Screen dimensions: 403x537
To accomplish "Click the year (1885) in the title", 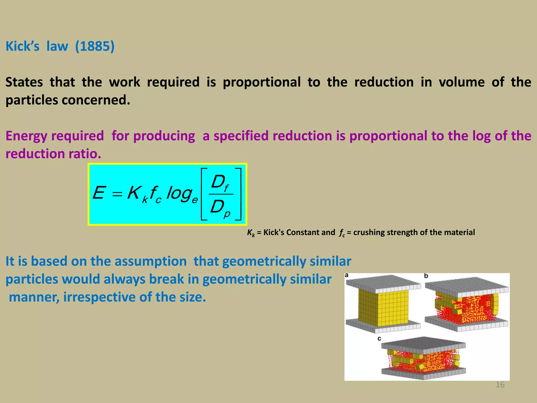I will (95, 46).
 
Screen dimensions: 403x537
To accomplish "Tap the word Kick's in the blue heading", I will (23, 46).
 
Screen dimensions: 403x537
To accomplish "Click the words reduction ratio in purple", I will (53, 154).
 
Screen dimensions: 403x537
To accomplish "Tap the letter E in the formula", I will (99, 193).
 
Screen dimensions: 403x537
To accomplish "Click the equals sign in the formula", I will (117, 194).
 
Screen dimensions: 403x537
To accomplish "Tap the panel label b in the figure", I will (426, 276).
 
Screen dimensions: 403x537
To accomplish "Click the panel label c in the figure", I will (379, 339).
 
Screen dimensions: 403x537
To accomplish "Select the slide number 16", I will (500, 385).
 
